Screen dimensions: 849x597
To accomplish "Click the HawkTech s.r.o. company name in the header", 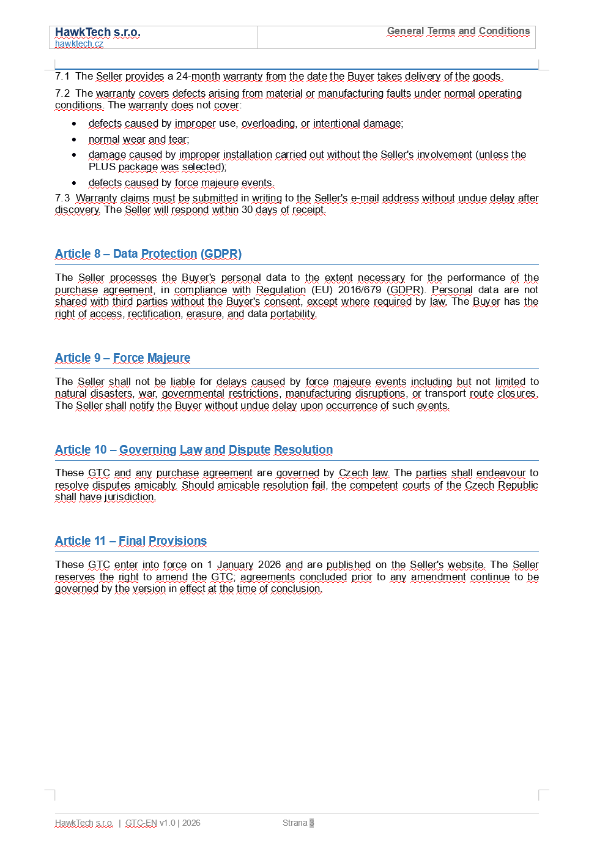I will (97, 32).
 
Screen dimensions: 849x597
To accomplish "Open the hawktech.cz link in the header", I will (79, 44).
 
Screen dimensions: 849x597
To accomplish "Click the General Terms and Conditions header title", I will (458, 31).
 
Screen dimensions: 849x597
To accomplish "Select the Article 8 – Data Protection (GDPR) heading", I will (148, 254).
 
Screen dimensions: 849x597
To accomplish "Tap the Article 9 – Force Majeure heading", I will (122, 358).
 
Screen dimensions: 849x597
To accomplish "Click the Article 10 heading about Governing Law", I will (193, 450).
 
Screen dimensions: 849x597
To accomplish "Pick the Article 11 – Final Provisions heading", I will (130, 541).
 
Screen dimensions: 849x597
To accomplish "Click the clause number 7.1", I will (62, 77).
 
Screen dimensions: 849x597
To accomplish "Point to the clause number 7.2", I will (62, 94).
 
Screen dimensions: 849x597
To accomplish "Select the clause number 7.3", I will (62, 198).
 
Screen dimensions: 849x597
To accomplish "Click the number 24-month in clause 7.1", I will (198, 77).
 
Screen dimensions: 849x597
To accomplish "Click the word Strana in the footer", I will (294, 823).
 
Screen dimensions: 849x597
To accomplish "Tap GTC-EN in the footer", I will (141, 823).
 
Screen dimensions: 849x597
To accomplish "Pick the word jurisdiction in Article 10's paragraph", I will (130, 497).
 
